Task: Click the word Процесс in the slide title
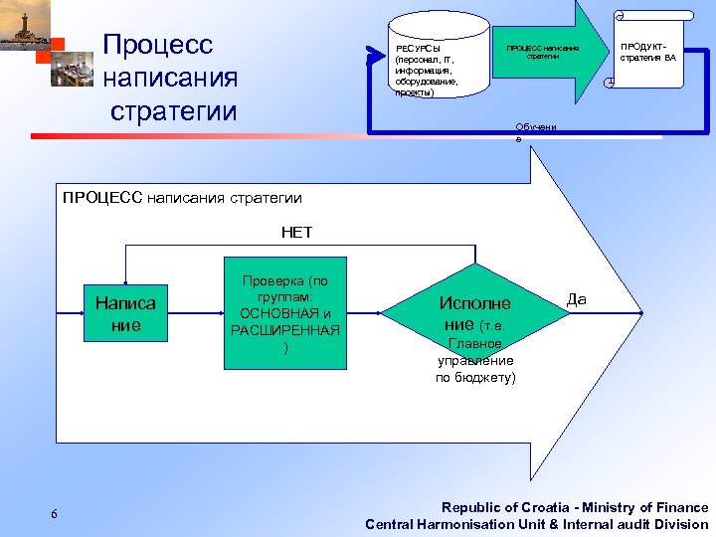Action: [x=158, y=45]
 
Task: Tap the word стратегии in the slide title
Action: [x=174, y=109]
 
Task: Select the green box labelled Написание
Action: [x=125, y=313]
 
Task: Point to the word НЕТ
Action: [x=296, y=232]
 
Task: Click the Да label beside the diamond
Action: [x=577, y=297]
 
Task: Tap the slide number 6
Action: [x=54, y=513]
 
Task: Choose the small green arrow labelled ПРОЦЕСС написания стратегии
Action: [x=543, y=53]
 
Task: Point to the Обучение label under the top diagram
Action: [x=536, y=132]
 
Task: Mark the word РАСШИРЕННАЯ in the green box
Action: [x=284, y=330]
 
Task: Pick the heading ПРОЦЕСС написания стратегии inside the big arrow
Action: [x=182, y=197]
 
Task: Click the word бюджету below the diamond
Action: [x=487, y=377]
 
